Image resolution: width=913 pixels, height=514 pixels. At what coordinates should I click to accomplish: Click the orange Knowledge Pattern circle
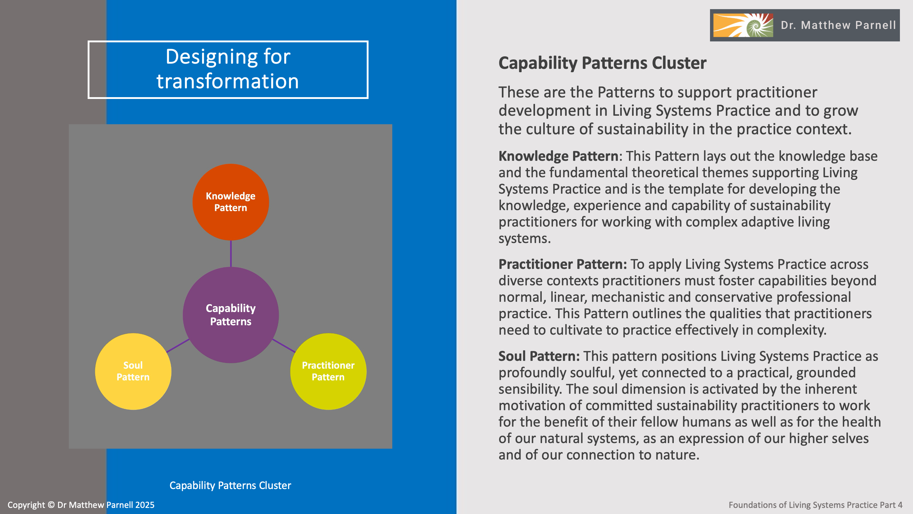pyautogui.click(x=231, y=202)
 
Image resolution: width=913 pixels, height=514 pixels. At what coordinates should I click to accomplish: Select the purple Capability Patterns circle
pyautogui.click(x=231, y=315)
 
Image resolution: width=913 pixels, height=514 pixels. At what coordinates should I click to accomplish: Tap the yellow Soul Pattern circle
pyautogui.click(x=133, y=371)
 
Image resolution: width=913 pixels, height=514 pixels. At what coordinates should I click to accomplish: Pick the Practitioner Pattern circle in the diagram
pyautogui.click(x=328, y=371)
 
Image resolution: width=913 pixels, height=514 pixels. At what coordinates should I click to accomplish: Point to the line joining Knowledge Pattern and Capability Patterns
pyautogui.click(x=231, y=254)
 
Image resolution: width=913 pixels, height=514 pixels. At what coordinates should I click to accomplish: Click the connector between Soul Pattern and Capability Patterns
pyautogui.click(x=177, y=346)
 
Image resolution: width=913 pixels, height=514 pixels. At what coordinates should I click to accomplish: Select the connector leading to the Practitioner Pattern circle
pyautogui.click(x=284, y=346)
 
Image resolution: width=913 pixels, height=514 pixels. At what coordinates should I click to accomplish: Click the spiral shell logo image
pyautogui.click(x=743, y=25)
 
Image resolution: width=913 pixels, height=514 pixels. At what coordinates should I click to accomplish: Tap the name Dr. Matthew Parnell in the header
pyautogui.click(x=838, y=25)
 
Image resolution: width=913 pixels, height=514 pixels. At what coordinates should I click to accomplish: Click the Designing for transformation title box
pyautogui.click(x=228, y=69)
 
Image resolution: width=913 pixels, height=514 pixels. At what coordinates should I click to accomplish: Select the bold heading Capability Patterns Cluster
pyautogui.click(x=602, y=63)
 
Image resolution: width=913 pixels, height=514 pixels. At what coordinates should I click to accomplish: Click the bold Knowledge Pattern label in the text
pyautogui.click(x=558, y=156)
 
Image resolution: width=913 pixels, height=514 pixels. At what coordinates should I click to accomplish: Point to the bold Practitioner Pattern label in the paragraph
pyautogui.click(x=562, y=264)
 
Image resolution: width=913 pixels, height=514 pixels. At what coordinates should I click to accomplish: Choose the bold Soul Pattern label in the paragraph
pyautogui.click(x=539, y=356)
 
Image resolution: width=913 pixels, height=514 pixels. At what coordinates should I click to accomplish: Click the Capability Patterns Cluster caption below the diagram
pyautogui.click(x=230, y=485)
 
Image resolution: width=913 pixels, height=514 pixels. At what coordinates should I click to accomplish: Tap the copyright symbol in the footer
pyautogui.click(x=51, y=505)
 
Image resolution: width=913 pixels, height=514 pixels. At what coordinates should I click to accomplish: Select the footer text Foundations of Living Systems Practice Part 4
pyautogui.click(x=815, y=505)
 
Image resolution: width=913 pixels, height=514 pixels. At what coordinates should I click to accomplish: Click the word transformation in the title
pyautogui.click(x=228, y=81)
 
